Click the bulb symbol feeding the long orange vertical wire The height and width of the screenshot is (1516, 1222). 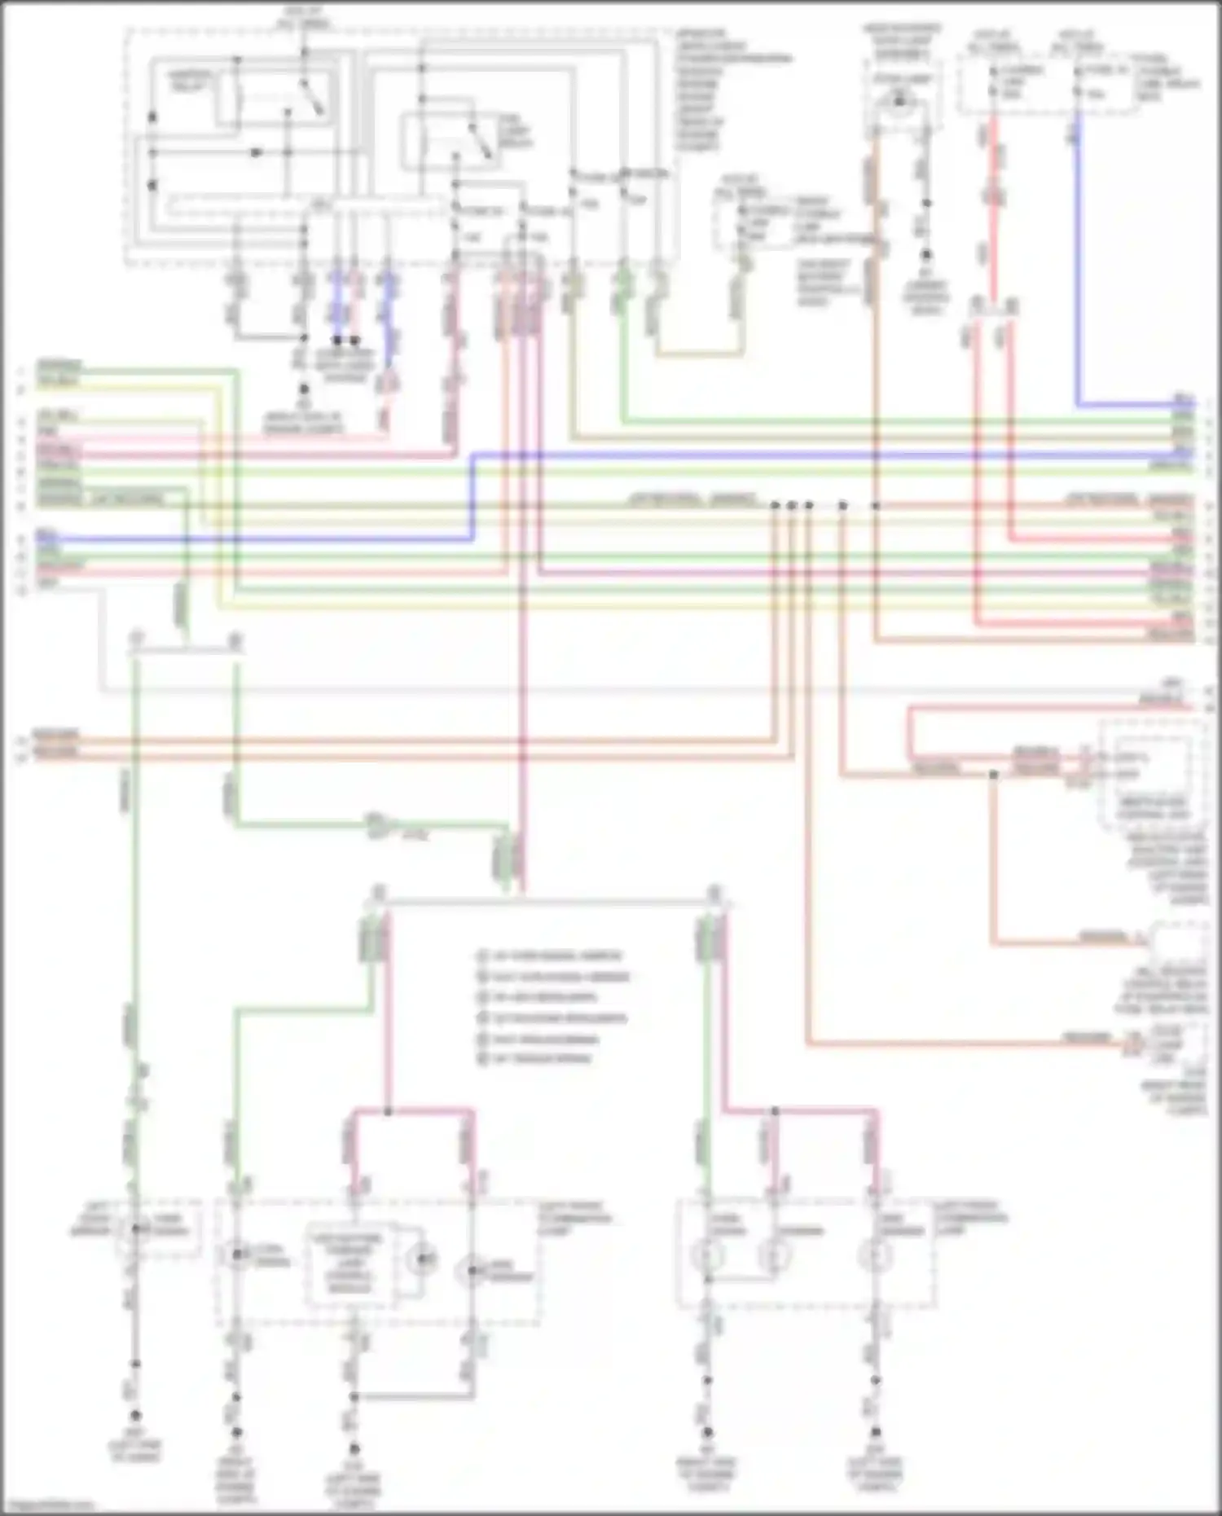[899, 102]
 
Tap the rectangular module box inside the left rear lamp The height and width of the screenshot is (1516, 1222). [346, 1263]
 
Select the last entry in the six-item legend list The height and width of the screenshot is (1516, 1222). [537, 1059]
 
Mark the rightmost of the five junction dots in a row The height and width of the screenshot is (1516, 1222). [876, 506]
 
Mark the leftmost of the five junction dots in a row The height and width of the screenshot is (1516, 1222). [776, 506]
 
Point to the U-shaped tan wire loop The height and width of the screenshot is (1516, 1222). [701, 354]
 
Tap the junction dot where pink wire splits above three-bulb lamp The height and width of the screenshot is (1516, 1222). [775, 1111]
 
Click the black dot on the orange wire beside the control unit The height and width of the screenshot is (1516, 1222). [993, 774]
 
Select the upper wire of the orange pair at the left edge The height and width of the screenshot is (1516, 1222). [407, 740]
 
